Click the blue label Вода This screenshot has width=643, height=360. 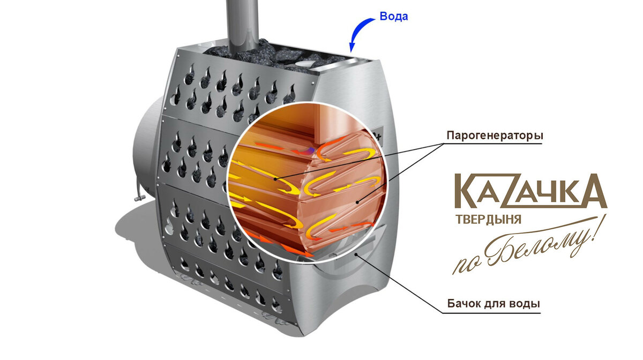pyautogui.click(x=394, y=17)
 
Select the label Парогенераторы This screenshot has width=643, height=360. pyautogui.click(x=495, y=136)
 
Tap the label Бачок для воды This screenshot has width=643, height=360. pyautogui.click(x=494, y=304)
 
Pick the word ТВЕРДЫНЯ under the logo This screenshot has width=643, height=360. pyautogui.click(x=488, y=219)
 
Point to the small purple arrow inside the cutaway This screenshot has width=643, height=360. pyautogui.click(x=311, y=150)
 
